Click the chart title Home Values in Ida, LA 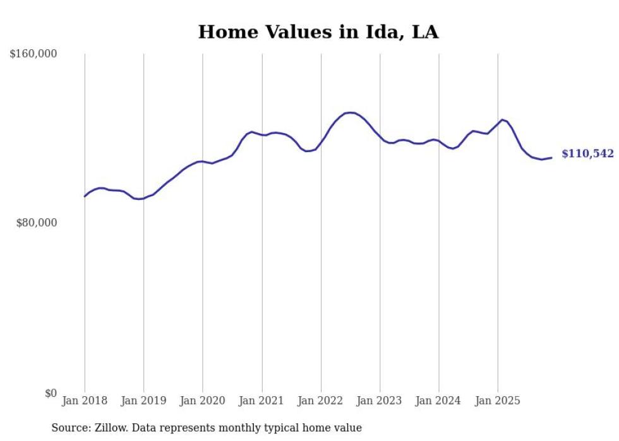click(x=318, y=32)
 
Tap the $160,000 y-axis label click(x=33, y=54)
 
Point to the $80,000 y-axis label click(x=37, y=223)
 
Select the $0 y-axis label click(x=50, y=393)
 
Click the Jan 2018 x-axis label click(x=85, y=401)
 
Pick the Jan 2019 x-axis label click(x=143, y=401)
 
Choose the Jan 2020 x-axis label click(x=203, y=401)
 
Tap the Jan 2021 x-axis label click(x=262, y=401)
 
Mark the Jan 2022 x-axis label click(x=321, y=401)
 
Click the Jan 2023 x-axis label click(x=380, y=401)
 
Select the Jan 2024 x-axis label click(x=439, y=401)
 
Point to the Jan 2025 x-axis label click(x=498, y=401)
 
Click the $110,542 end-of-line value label click(x=587, y=154)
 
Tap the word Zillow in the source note click(x=111, y=428)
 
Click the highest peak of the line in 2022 click(x=350, y=112)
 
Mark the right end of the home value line click(x=551, y=158)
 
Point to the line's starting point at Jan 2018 click(x=85, y=196)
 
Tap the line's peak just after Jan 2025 click(x=502, y=119)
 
